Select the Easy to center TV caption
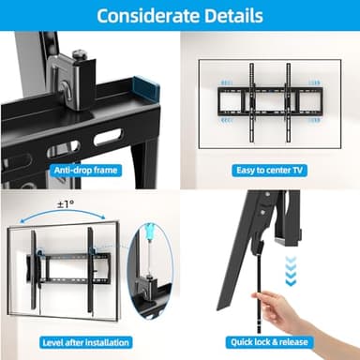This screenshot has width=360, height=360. [270, 171]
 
